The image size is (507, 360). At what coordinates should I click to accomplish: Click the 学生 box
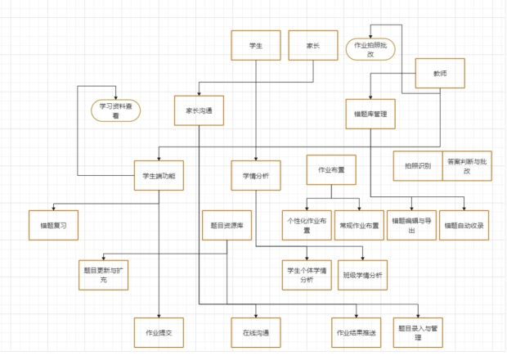point(256,46)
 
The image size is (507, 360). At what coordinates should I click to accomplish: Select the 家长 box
point(312,46)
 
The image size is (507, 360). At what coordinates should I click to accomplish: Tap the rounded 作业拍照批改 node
point(370,49)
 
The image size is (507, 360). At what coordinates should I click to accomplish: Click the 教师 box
point(440,74)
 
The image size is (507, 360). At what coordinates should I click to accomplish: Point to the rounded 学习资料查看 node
point(115,110)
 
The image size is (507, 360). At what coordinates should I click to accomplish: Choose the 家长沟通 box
point(199,110)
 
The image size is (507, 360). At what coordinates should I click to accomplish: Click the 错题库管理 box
point(370,114)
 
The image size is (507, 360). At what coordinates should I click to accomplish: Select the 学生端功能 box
point(159,175)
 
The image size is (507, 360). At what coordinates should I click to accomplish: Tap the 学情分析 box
point(256,175)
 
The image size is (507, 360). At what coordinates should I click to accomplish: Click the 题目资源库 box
point(227,224)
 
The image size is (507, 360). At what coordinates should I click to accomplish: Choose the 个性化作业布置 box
point(307,225)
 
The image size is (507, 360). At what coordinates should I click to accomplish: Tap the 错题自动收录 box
point(464,224)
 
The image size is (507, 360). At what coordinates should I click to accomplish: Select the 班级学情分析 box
point(362,275)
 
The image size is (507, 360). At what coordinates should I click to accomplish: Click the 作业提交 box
point(159,332)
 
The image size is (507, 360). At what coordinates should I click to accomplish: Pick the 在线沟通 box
point(256,332)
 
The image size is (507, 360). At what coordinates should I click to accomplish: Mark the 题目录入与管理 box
point(418,332)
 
